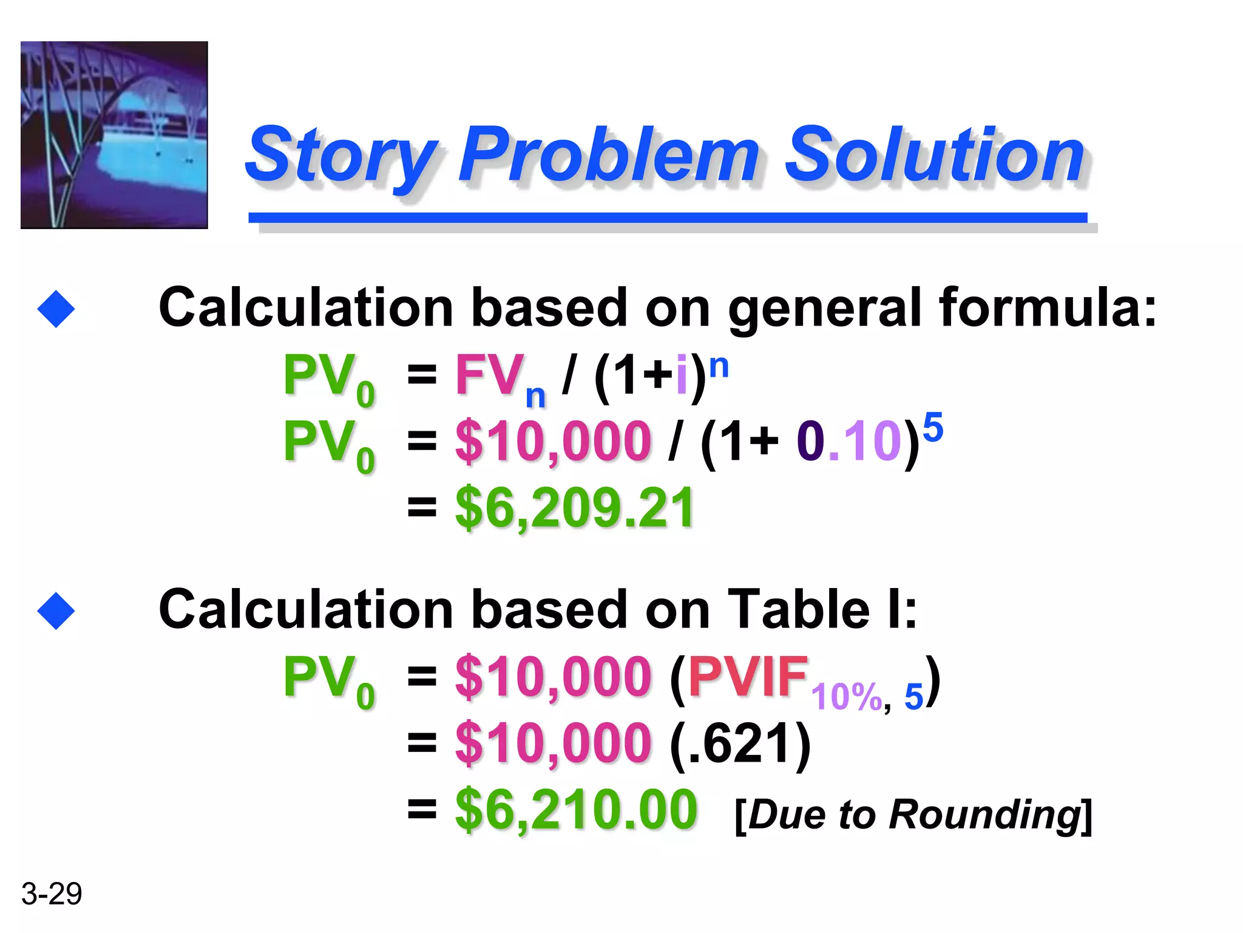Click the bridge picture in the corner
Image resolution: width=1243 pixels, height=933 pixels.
click(x=114, y=135)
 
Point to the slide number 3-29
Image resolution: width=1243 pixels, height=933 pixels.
click(x=52, y=894)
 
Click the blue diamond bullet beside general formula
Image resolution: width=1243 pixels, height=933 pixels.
click(x=56, y=309)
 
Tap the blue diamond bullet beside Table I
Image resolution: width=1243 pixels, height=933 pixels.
click(x=56, y=611)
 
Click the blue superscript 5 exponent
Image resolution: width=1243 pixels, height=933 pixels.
click(x=933, y=427)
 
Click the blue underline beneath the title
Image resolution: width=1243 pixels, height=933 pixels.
click(x=668, y=217)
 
